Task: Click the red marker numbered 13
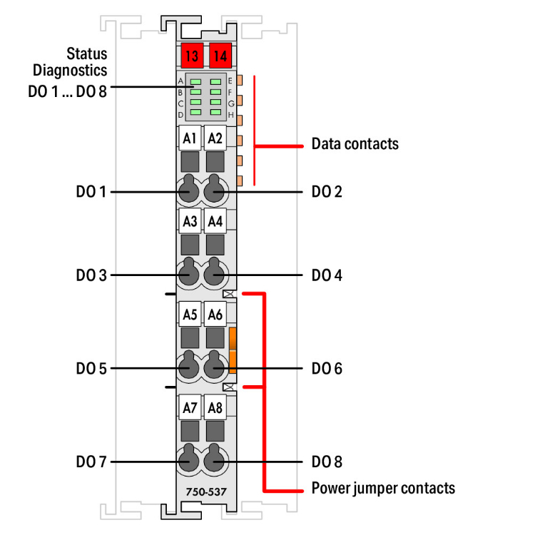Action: click(190, 55)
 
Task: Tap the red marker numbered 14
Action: click(219, 55)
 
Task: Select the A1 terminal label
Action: click(189, 138)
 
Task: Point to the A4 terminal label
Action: click(215, 221)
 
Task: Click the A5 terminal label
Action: click(189, 314)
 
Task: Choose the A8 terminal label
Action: click(215, 408)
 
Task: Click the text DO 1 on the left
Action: click(91, 192)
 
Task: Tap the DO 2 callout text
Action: click(327, 192)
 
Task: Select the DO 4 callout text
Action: click(327, 275)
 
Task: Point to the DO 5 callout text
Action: click(91, 369)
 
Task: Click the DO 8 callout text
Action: click(327, 462)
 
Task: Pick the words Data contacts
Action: click(355, 144)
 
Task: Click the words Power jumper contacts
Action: click(383, 489)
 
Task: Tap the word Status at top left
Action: click(87, 53)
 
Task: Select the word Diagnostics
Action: click(70, 70)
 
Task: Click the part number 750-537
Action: click(202, 492)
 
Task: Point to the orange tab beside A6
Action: click(233, 350)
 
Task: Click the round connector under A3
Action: click(189, 274)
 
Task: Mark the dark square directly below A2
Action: click(215, 163)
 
